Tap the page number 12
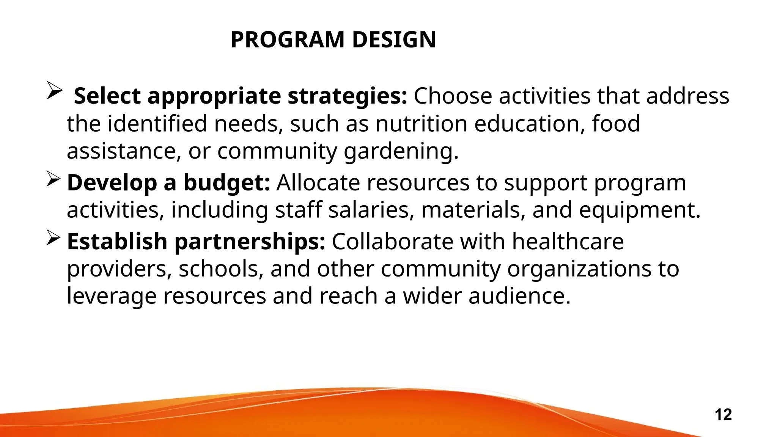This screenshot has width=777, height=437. (x=723, y=415)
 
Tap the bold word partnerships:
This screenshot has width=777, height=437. (x=250, y=242)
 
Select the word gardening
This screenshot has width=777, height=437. (x=401, y=151)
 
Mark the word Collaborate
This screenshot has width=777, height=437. (x=393, y=242)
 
